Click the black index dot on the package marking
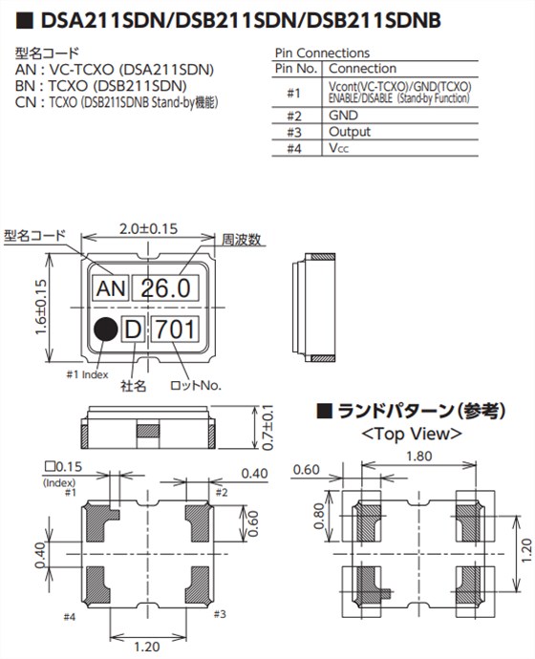click(105, 330)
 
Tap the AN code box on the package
click(109, 287)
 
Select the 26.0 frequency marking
click(164, 287)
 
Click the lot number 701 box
click(176, 330)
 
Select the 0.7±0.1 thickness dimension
click(267, 428)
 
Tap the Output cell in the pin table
click(350, 132)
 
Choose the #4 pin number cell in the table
click(294, 149)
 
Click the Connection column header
click(361, 69)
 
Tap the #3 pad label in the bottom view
click(221, 613)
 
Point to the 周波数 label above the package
click(242, 240)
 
